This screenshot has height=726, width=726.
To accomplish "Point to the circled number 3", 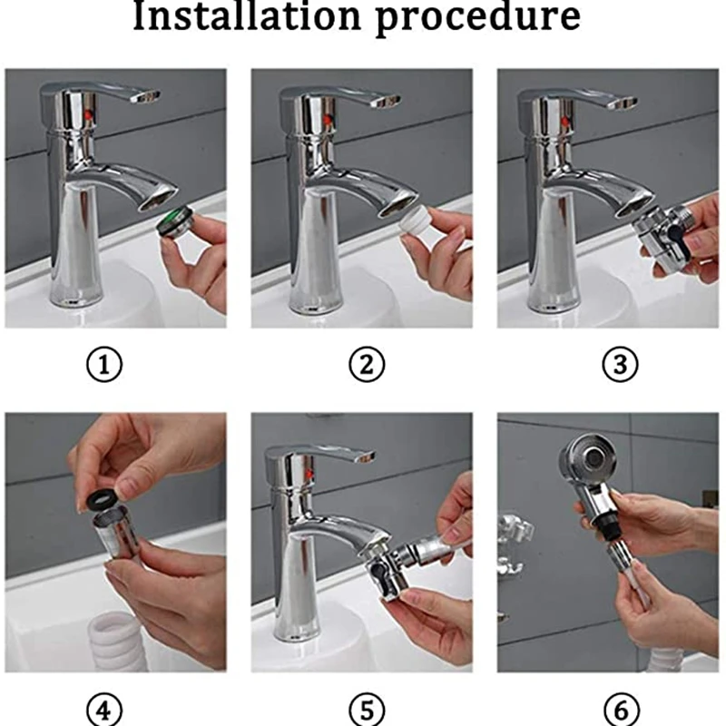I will click(x=620, y=366).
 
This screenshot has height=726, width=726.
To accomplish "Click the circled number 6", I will click(x=620, y=708).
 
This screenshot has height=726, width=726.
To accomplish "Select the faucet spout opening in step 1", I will click(x=160, y=197).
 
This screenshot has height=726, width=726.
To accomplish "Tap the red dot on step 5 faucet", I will click(x=311, y=475).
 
